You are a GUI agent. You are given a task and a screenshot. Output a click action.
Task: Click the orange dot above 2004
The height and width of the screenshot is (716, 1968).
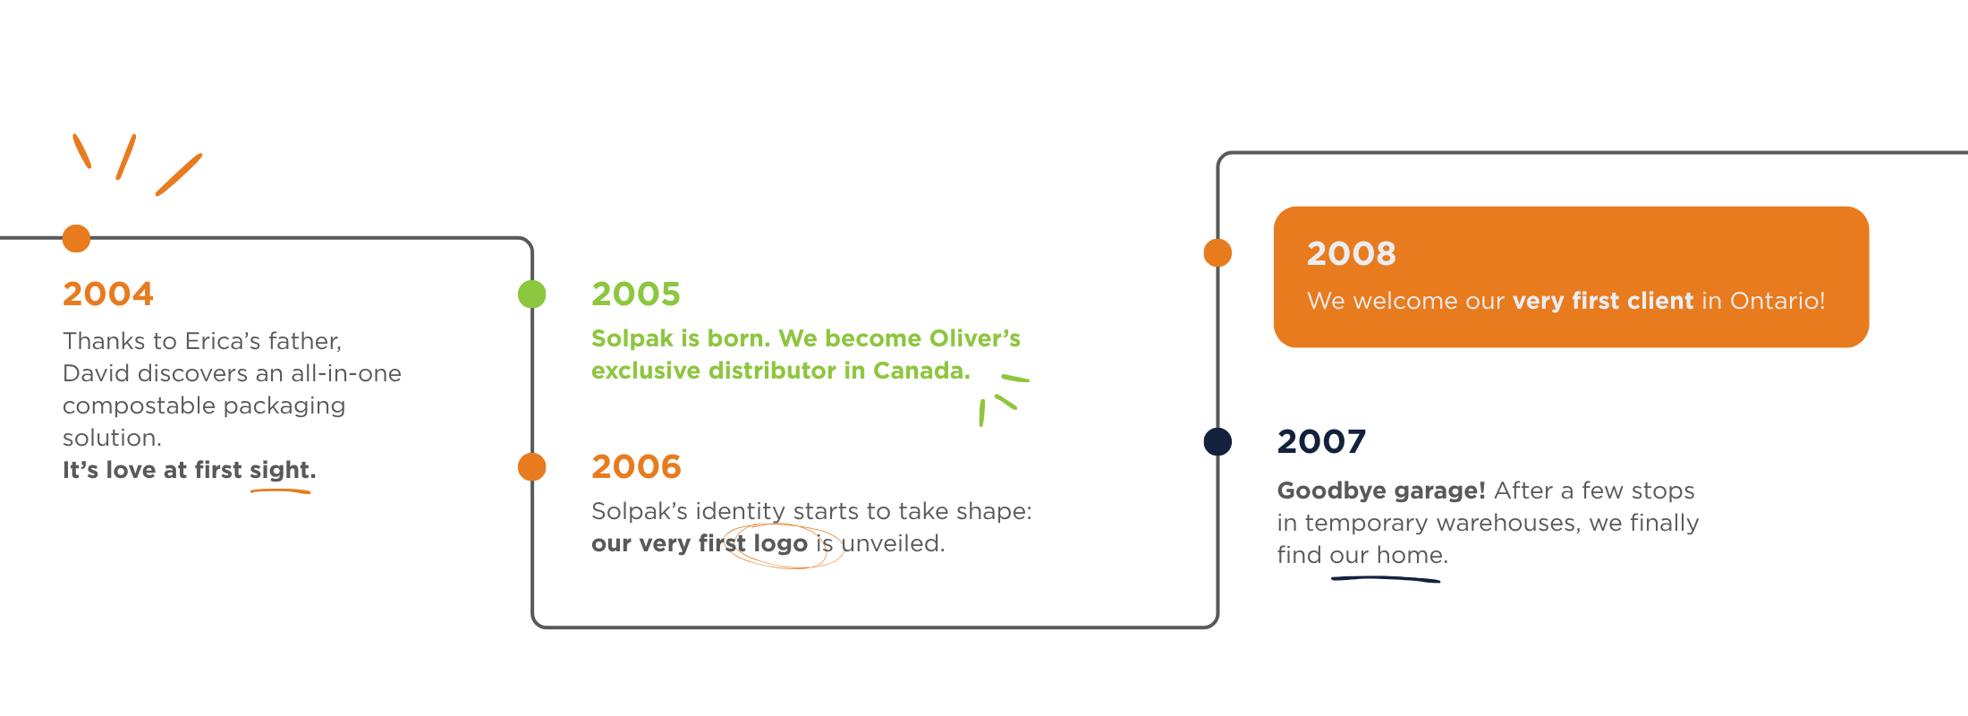(x=76, y=238)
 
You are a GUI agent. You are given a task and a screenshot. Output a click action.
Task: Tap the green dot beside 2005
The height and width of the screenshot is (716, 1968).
(x=532, y=294)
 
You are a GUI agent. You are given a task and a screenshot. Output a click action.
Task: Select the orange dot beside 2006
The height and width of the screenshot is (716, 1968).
(x=532, y=466)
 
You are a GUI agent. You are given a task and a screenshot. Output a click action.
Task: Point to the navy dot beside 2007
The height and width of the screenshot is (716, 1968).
(x=1217, y=441)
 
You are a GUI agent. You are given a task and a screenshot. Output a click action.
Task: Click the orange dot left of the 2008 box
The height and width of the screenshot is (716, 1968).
(x=1217, y=252)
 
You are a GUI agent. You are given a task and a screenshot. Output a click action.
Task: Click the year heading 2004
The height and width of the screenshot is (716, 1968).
(x=108, y=294)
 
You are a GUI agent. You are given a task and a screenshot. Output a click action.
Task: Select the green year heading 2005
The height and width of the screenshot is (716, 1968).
(x=636, y=294)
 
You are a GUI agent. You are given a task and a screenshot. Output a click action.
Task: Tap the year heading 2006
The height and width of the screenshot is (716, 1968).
(x=636, y=466)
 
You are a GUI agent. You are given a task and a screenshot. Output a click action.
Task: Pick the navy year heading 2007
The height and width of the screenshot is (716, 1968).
(x=1321, y=441)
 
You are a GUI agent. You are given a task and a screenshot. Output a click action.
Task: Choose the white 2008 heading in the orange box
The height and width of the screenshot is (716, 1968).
(x=1351, y=253)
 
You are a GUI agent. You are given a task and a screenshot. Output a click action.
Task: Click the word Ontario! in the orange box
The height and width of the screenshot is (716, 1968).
(x=1777, y=301)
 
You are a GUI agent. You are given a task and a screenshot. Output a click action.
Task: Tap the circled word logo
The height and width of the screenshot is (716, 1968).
(x=780, y=543)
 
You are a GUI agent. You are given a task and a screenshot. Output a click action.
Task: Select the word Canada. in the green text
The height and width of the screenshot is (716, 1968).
(x=921, y=371)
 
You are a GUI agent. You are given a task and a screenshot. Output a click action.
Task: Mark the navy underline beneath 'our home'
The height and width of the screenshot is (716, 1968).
(x=1386, y=579)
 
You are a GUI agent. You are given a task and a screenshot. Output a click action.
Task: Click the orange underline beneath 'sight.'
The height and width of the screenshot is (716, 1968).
(x=280, y=490)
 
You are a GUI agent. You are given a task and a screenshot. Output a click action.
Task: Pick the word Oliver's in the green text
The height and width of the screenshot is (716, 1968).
(x=975, y=338)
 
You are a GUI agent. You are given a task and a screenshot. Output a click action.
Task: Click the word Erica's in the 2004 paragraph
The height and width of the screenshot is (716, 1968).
(x=216, y=341)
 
